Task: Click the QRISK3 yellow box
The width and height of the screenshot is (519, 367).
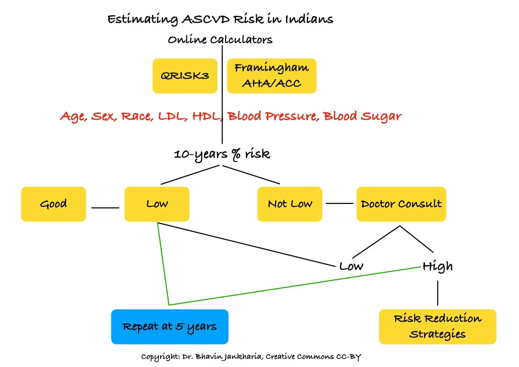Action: (x=185, y=76)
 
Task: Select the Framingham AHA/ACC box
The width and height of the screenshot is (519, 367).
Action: (x=272, y=76)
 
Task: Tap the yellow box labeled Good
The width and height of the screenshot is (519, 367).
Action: (x=53, y=204)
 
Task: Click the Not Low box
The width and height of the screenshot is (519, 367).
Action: (x=290, y=204)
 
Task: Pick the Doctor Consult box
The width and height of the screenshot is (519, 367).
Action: (x=401, y=204)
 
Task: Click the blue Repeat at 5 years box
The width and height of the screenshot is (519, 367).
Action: (x=170, y=326)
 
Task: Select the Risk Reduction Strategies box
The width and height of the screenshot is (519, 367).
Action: (x=437, y=326)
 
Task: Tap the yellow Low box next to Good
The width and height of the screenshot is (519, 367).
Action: (x=157, y=204)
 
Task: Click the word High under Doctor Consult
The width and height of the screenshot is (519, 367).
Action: (x=438, y=266)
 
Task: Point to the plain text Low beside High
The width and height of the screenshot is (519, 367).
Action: (x=351, y=266)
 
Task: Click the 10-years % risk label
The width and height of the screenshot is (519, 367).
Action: (x=222, y=154)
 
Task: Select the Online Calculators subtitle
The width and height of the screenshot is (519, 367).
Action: (x=220, y=39)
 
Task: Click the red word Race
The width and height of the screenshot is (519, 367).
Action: (x=137, y=117)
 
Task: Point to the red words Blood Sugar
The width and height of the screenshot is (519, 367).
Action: (x=362, y=117)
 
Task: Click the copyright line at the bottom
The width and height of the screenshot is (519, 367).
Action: (x=251, y=357)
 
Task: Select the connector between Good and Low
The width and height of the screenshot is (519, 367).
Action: (x=105, y=208)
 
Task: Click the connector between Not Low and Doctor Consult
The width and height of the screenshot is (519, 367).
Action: (x=339, y=204)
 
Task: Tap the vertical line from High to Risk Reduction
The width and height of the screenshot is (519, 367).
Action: (x=438, y=293)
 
